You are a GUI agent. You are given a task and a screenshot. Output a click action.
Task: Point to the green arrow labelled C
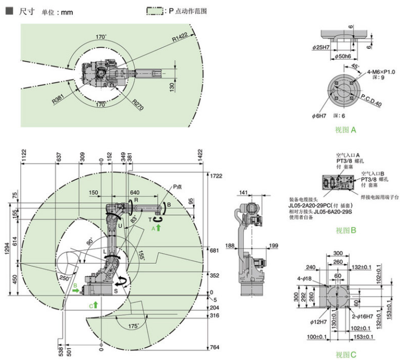coord(96,305)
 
